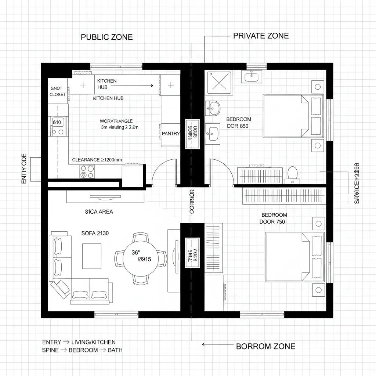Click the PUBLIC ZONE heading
(106, 37)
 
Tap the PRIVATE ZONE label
(261, 36)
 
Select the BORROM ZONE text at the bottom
(265, 346)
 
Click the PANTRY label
(171, 134)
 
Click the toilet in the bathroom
(292, 173)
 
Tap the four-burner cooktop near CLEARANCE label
(87, 171)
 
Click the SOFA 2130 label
(95, 233)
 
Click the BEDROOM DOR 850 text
(238, 123)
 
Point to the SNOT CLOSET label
(58, 91)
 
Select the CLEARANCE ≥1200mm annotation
(97, 160)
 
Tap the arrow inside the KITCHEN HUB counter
(140, 86)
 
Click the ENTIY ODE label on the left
(25, 169)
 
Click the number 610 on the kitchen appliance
(57, 122)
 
